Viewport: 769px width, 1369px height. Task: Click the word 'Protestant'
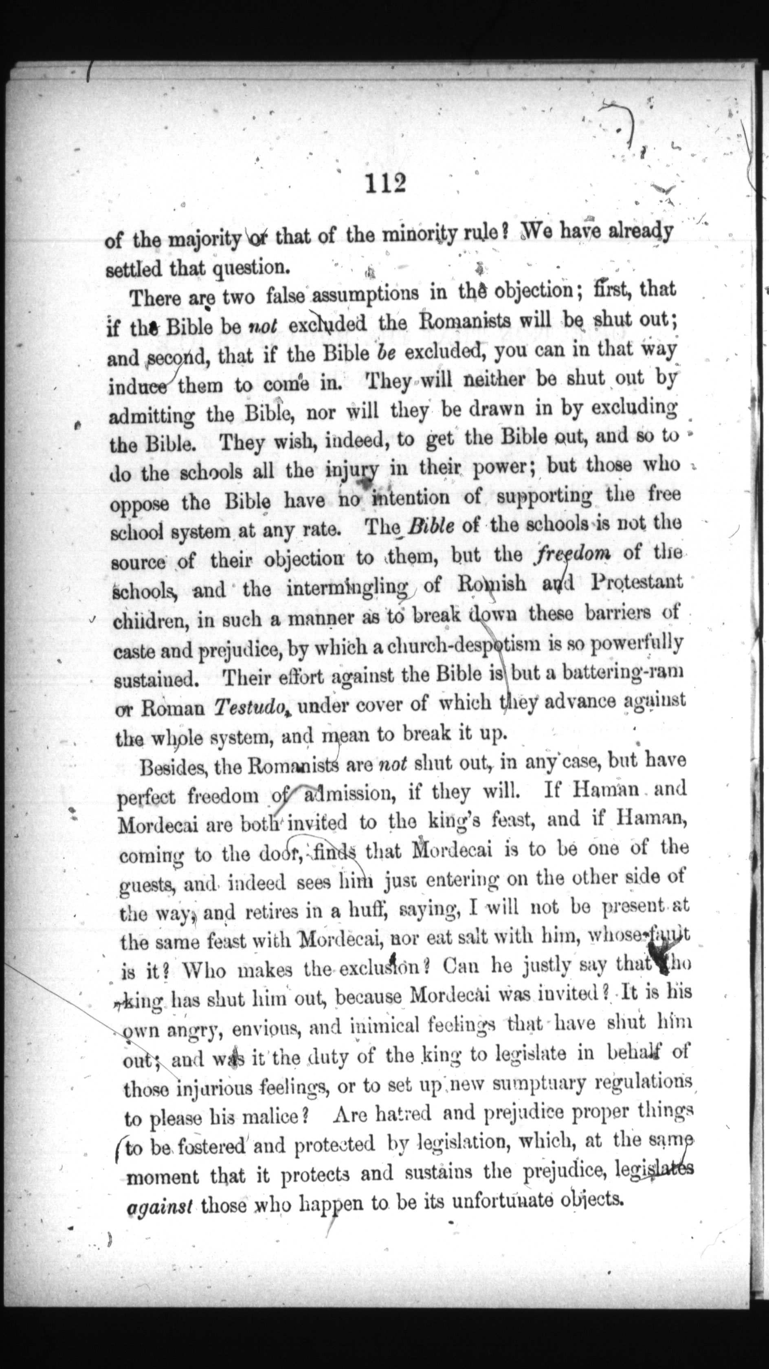tap(637, 581)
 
